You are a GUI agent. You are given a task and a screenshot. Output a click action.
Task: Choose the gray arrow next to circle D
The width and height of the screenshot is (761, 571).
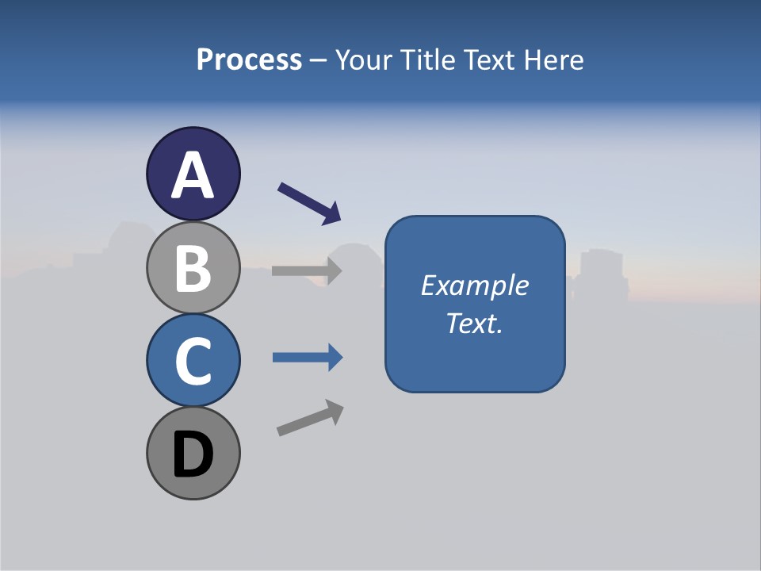310,418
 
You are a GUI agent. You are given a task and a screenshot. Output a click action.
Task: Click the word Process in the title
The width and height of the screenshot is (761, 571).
249,60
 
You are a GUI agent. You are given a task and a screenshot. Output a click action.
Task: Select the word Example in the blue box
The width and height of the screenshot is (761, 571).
475,285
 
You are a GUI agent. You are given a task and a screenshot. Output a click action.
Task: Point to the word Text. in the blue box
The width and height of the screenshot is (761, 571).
475,323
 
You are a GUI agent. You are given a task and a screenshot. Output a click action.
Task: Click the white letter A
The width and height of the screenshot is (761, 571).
193,175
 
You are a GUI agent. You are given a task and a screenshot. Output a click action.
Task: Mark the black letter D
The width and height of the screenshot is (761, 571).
193,455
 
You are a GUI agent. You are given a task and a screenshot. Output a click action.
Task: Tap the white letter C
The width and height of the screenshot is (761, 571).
193,361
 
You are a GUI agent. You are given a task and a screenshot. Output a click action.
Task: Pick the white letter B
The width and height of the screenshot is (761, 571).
193,268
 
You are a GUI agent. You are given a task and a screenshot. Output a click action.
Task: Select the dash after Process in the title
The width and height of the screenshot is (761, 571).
319,61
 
